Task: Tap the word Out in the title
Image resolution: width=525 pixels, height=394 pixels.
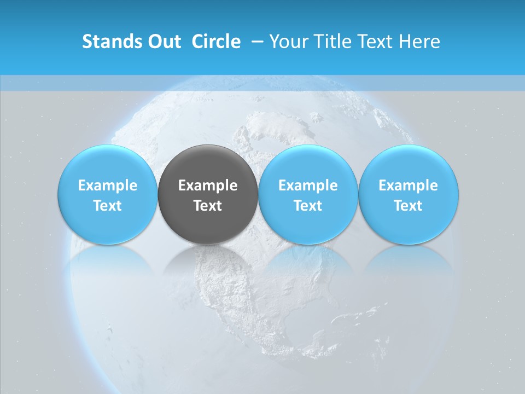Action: (x=165, y=42)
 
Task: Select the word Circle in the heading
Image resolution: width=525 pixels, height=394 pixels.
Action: (x=216, y=42)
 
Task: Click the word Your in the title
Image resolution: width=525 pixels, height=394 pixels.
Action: (x=288, y=42)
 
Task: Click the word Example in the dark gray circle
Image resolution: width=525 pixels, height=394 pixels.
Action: (x=208, y=186)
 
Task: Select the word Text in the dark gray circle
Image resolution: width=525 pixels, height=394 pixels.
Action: (x=208, y=206)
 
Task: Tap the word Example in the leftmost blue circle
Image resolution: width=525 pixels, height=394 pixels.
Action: (x=108, y=186)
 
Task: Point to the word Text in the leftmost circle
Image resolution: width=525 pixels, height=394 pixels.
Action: (x=108, y=206)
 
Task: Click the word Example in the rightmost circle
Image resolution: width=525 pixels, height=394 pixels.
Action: (x=409, y=186)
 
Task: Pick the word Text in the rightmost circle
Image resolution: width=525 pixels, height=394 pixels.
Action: (x=409, y=206)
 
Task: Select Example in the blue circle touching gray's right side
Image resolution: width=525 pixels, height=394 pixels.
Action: (x=308, y=186)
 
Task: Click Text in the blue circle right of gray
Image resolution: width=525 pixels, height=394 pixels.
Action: (x=308, y=206)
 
